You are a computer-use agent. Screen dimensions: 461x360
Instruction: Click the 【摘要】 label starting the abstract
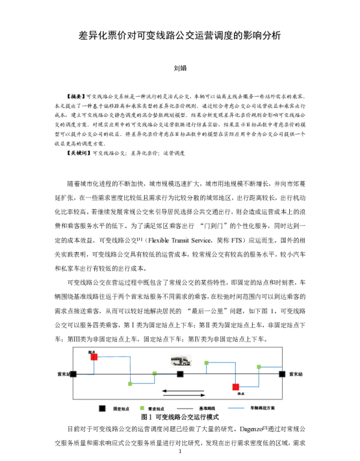click(x=76, y=96)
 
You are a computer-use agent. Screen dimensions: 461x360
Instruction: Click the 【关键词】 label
click(x=79, y=153)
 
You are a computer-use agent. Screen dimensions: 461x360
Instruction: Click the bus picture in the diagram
click(x=181, y=361)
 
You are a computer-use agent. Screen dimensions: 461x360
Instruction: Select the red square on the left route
click(x=94, y=357)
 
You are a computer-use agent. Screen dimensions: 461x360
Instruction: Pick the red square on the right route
click(x=235, y=387)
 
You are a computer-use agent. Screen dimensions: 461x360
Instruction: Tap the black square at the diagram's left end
click(x=73, y=374)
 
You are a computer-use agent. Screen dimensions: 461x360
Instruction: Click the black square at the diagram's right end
click(x=282, y=374)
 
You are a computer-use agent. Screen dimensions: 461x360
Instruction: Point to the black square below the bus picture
click(x=180, y=374)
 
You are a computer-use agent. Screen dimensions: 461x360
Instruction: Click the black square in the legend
click(x=103, y=408)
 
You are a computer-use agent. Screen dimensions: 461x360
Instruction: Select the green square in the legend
click(x=142, y=408)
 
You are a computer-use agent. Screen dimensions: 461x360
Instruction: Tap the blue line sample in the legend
click(x=236, y=408)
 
